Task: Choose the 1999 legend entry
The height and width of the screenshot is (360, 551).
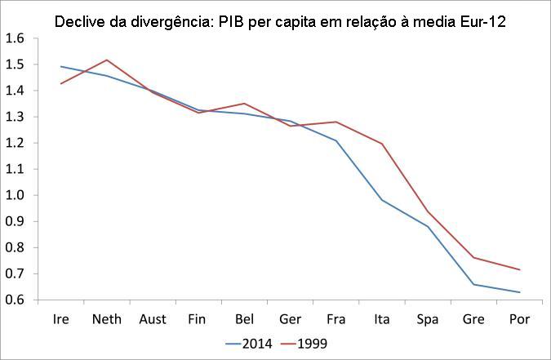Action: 313,343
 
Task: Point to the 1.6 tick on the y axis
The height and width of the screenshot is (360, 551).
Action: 16,38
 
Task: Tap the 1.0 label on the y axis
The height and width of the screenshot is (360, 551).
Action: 16,195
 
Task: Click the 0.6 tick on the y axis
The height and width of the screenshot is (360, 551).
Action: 16,300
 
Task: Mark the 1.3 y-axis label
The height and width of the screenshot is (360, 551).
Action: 16,117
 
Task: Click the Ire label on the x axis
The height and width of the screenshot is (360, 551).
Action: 60,318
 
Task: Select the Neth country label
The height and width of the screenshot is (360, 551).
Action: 107,318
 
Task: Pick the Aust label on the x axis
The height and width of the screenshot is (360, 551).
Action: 153,318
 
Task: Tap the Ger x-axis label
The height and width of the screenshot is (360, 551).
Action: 290,318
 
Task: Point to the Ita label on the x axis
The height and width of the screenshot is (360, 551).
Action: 381,318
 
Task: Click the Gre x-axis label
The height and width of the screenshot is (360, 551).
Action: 473,318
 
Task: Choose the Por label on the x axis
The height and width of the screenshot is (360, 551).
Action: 519,318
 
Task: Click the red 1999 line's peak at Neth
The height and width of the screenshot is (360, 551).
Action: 107,60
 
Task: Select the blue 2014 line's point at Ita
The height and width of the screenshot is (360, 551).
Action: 381,200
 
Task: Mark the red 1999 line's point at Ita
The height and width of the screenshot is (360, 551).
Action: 381,144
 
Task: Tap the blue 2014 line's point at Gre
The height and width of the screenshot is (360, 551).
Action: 473,284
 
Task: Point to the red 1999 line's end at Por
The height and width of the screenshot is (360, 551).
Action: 519,269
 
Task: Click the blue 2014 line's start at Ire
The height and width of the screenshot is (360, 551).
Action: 61,67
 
